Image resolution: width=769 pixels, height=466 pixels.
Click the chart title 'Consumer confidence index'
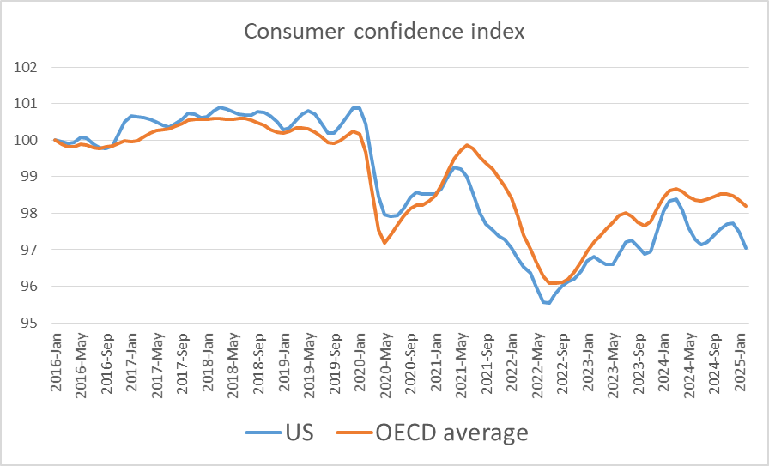click(384, 32)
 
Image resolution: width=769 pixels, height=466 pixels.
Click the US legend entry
click(280, 433)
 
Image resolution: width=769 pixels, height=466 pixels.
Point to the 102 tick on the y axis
click(27, 67)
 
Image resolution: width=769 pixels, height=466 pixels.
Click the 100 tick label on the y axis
click(27, 140)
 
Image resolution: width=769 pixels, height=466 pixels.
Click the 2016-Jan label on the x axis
click(56, 361)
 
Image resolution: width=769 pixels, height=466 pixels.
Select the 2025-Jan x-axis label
click(742, 361)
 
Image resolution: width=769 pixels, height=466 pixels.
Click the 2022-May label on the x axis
click(537, 361)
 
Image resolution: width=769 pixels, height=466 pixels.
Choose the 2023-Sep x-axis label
click(639, 361)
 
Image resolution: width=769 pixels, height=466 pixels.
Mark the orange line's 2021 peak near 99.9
click(466, 145)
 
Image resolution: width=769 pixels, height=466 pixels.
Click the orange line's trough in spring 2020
click(384, 243)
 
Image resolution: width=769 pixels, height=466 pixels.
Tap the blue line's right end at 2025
click(745, 248)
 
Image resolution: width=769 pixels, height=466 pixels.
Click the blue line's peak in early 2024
click(675, 199)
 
